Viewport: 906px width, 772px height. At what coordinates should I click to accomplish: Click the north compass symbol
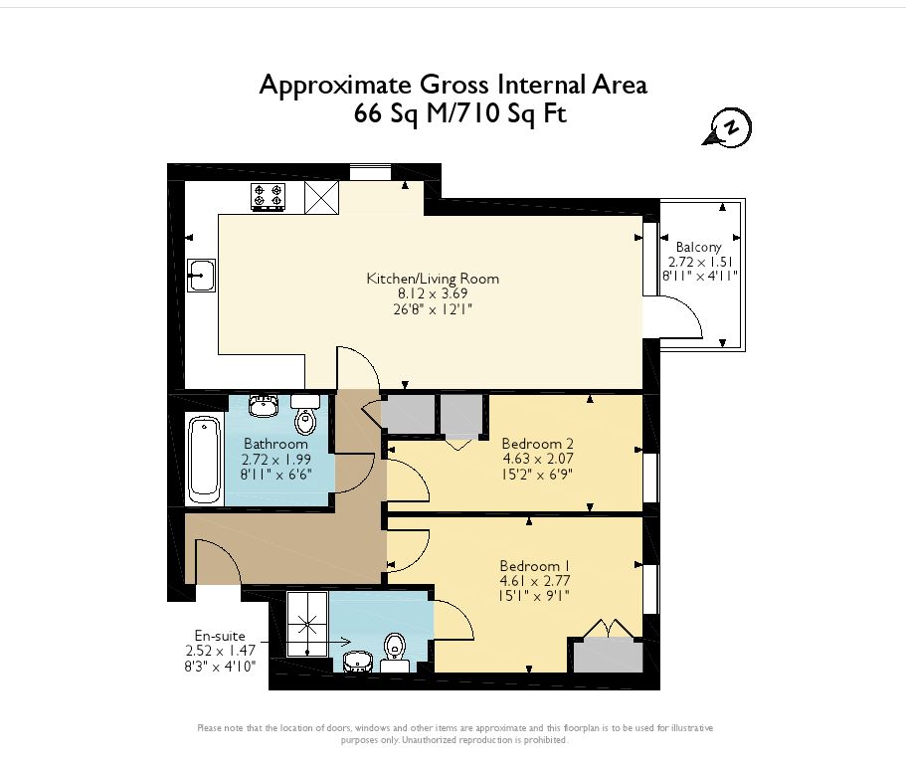coord(728,127)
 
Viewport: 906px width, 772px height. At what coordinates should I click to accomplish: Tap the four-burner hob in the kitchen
coord(269,196)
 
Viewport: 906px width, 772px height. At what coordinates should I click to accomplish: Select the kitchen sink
coord(201,275)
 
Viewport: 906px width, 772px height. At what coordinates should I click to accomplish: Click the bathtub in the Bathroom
coord(205,460)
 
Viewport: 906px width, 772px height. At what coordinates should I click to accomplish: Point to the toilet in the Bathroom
coord(305,415)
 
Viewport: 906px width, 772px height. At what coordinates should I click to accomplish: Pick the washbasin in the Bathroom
coord(264,406)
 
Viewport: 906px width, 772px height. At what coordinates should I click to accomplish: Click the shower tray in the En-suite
coord(307,624)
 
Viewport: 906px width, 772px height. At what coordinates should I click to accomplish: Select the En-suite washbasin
coord(357,662)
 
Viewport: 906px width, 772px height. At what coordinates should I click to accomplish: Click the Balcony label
coord(698,248)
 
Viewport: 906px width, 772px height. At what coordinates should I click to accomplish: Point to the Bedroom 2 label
coord(537,444)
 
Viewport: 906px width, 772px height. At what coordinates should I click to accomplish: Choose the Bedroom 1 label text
coord(530,566)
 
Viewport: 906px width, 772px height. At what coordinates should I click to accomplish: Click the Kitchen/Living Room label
coord(433,279)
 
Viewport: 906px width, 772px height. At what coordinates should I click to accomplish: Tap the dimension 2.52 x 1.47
coord(221,651)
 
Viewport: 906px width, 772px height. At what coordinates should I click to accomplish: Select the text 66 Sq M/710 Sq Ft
coord(459,113)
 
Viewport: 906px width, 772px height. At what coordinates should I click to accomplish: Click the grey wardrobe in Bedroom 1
coord(608,655)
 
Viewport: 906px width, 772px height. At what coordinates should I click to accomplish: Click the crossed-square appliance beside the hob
coord(322,198)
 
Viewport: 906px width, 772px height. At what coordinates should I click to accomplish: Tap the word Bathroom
coord(275,444)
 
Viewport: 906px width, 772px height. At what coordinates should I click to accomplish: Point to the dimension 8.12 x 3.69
coord(433,293)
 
